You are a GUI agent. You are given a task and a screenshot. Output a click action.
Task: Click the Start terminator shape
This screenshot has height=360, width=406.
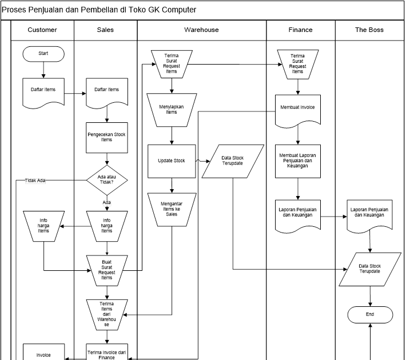click(43, 53)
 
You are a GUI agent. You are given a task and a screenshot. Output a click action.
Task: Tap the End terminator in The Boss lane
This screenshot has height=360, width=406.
click(371, 314)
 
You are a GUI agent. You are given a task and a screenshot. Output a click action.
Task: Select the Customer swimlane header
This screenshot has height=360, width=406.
click(42, 30)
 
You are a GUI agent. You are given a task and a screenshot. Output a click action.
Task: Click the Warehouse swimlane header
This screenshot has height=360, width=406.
click(201, 30)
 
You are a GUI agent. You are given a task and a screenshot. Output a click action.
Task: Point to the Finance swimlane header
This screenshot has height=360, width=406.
click(301, 30)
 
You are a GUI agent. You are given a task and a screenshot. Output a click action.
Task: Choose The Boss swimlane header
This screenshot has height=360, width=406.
click(369, 30)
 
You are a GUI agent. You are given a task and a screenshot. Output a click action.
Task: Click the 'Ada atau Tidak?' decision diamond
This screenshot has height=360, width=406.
click(107, 180)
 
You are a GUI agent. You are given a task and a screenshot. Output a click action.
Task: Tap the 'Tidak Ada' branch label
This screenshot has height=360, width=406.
click(35, 181)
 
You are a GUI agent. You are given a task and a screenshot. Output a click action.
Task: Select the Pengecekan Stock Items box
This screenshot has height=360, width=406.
click(107, 137)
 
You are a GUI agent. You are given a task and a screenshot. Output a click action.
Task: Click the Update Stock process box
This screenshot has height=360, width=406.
click(172, 161)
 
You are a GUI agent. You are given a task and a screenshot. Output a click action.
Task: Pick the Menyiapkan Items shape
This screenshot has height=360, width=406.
click(172, 109)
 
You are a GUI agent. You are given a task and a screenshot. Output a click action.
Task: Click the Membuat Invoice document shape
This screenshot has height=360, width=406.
click(298, 109)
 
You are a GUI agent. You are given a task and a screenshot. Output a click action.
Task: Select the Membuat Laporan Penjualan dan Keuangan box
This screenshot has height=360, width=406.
click(298, 160)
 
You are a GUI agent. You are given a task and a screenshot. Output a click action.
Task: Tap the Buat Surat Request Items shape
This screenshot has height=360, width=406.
click(107, 270)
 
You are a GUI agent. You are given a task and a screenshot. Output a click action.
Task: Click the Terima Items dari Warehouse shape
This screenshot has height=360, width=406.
click(107, 314)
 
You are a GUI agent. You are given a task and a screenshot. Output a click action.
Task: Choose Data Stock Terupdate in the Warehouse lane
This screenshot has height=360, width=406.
click(232, 161)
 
